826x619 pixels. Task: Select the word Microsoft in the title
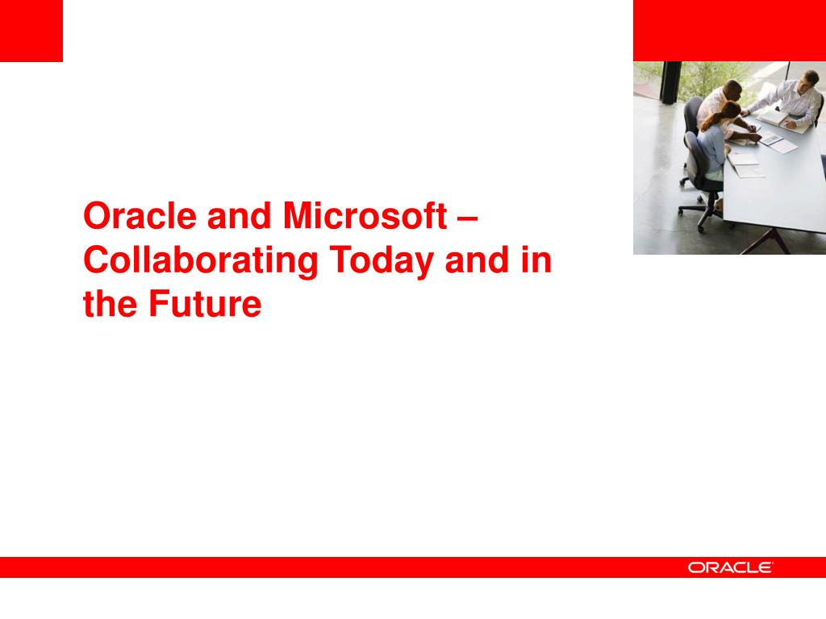(365, 216)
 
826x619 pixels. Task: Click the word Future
(205, 304)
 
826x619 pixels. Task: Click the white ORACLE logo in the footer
(730, 567)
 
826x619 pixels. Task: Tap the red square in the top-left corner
(31, 31)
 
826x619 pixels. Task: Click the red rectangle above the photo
(729, 31)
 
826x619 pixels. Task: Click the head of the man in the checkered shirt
(807, 81)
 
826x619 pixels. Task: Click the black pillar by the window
(670, 82)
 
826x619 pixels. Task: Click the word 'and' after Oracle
(239, 216)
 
